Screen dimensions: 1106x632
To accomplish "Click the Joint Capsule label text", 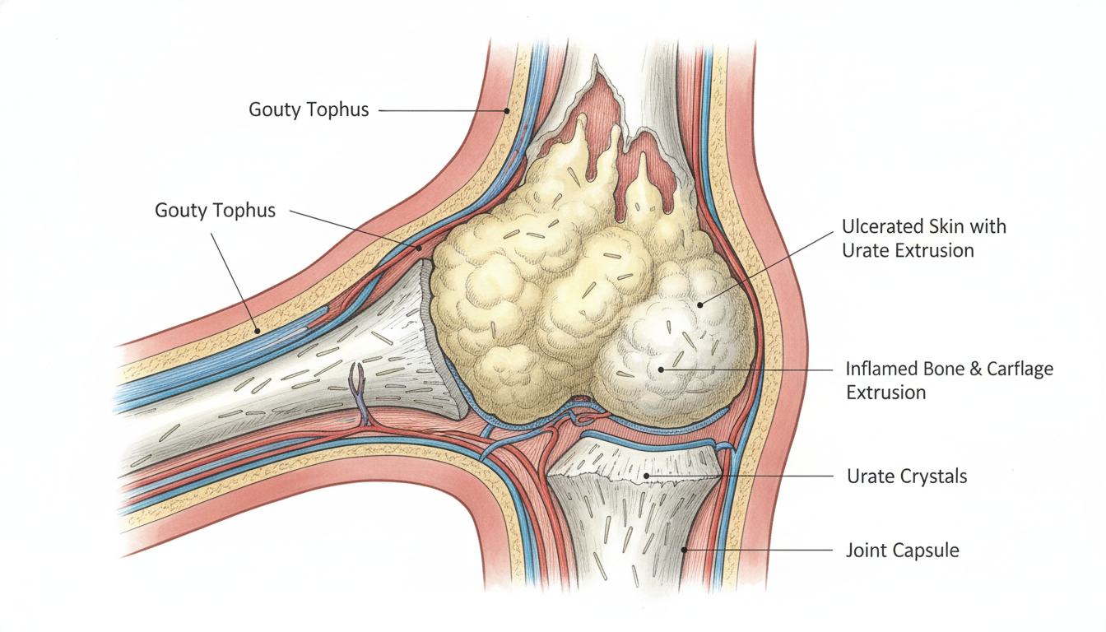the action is pos(903,551).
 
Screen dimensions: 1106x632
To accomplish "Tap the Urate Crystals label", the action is pos(907,476).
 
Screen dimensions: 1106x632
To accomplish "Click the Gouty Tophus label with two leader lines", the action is pos(216,211).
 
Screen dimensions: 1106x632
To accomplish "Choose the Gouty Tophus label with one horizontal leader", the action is pos(309,109).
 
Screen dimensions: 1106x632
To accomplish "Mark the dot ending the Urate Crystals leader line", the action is pos(646,476).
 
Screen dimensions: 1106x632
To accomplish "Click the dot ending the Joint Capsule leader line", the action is pos(685,550).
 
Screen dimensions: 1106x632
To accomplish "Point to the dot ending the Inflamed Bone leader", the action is pos(661,369).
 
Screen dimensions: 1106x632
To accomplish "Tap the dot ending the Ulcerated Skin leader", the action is pos(699,305).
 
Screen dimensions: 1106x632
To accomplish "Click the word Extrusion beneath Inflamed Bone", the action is pos(885,393).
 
